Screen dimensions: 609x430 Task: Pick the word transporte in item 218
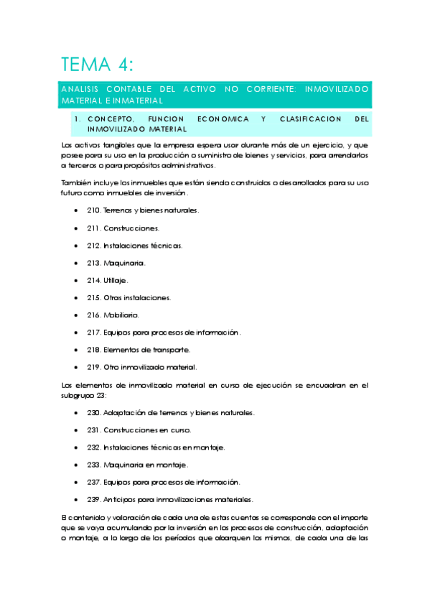[x=172, y=350]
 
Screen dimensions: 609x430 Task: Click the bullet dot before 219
[x=77, y=367]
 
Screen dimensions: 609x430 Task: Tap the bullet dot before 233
[x=77, y=465]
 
